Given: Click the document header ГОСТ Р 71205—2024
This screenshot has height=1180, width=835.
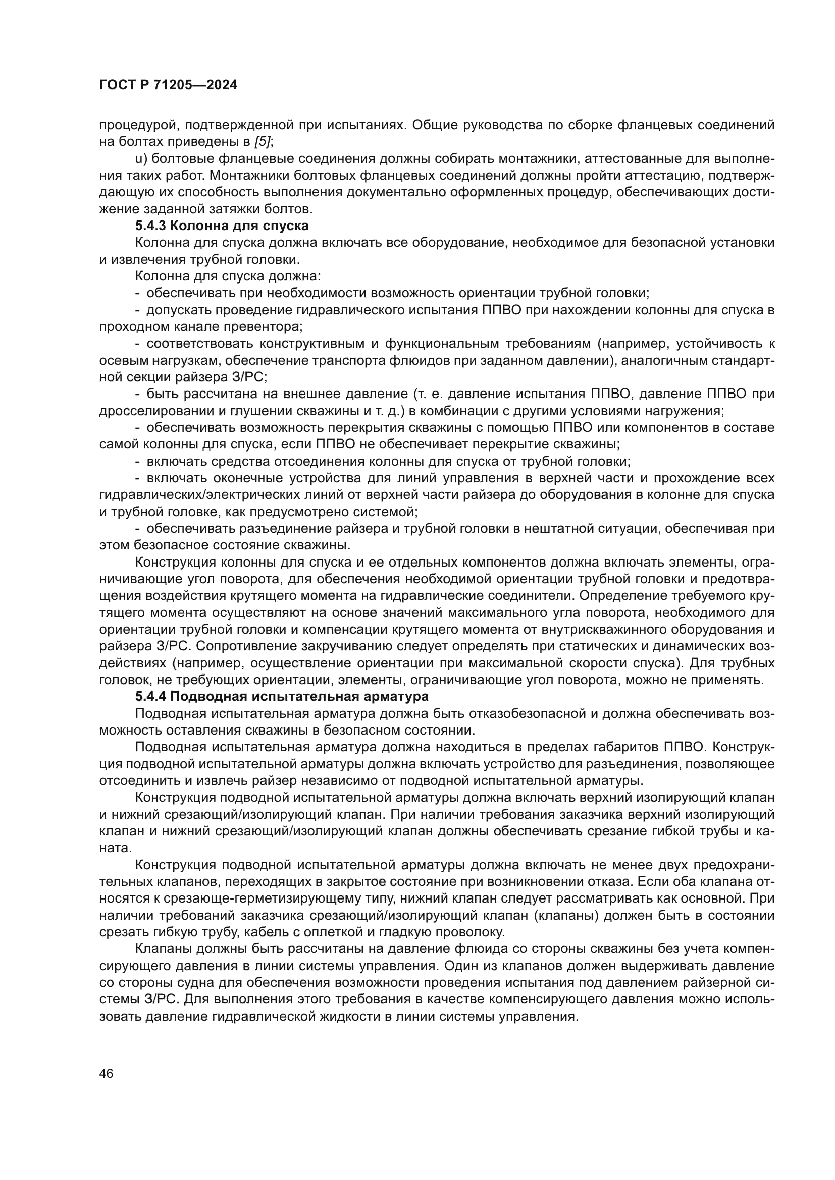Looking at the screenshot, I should [x=168, y=85].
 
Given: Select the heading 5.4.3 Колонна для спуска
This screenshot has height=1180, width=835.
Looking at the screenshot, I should [x=222, y=226].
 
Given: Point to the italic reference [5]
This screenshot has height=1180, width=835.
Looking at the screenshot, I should [x=263, y=141].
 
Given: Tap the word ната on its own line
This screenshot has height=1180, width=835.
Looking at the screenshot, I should [x=113, y=848].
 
